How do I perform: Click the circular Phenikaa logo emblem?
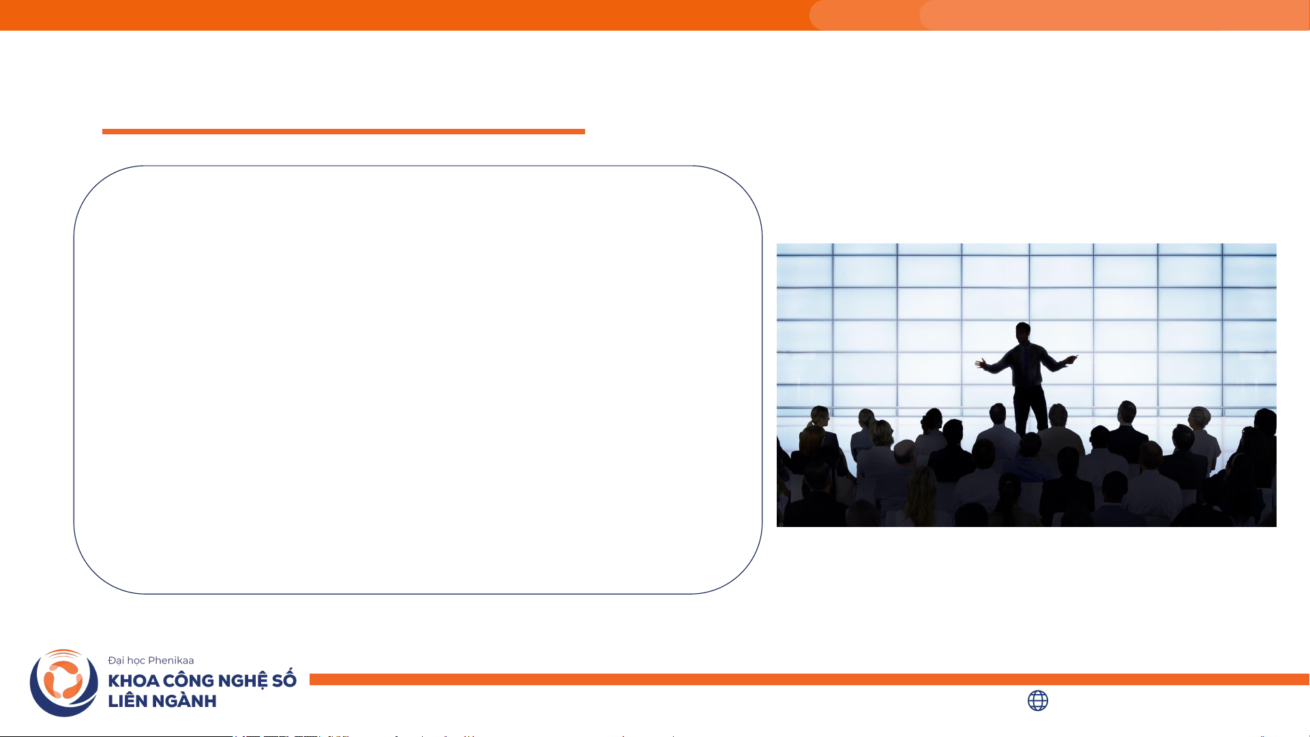tap(64, 682)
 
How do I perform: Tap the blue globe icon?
tap(1038, 701)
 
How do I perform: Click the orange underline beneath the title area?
tap(344, 132)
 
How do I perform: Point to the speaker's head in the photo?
tap(1023, 333)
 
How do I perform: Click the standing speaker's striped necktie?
tap(1024, 363)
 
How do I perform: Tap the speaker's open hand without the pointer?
tap(982, 363)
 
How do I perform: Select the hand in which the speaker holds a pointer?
tap(1071, 359)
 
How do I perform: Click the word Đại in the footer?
tap(116, 660)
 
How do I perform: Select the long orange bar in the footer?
tap(809, 679)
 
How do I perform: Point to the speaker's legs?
tap(1030, 409)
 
